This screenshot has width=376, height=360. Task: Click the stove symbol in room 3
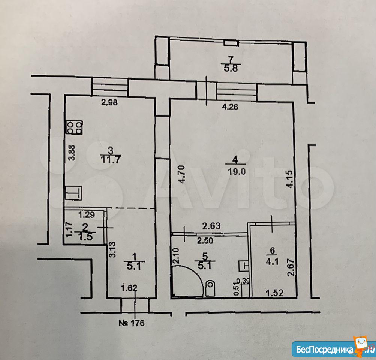tap(74, 127)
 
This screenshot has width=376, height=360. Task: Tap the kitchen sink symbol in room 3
tap(73, 193)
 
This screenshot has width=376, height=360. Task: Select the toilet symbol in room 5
tap(211, 288)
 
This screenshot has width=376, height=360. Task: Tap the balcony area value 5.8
tap(231, 69)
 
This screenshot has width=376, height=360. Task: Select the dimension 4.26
tap(230, 106)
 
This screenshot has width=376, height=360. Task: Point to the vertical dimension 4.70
tap(182, 174)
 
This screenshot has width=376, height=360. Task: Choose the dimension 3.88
tap(73, 153)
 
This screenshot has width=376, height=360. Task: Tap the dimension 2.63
tap(211, 226)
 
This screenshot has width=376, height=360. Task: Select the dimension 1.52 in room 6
tap(274, 292)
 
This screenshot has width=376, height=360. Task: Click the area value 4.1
tap(272, 261)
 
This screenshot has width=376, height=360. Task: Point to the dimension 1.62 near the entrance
tap(129, 288)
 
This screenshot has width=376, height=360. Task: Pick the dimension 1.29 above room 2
tap(87, 214)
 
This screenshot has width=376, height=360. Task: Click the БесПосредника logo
tap(334, 349)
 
